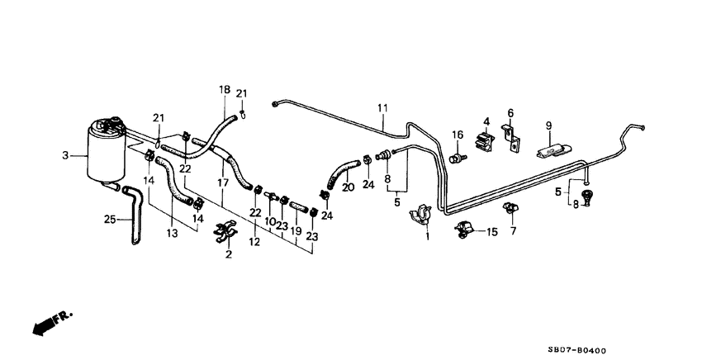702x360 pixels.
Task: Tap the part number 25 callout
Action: click(109, 219)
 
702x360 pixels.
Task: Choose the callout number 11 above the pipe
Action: click(382, 108)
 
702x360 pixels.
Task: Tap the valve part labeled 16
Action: click(454, 152)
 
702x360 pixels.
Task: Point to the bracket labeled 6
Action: click(513, 137)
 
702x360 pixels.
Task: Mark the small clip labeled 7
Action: click(512, 207)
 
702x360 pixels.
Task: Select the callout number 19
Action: click(296, 234)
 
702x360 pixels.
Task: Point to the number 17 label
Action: click(221, 182)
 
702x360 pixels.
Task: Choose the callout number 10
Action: click(270, 222)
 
